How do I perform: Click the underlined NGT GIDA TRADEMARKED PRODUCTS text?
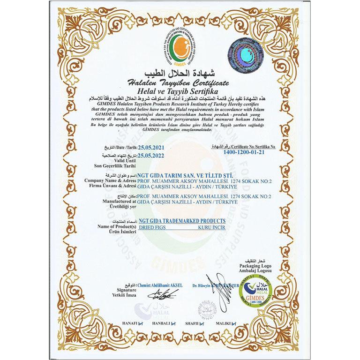click(x=182, y=220)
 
